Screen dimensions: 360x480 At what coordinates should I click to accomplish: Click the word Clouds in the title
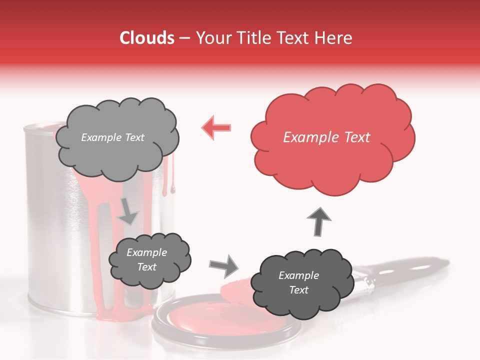(147, 38)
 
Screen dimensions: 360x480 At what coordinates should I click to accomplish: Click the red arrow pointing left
(216, 127)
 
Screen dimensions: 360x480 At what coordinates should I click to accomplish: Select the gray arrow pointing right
(224, 265)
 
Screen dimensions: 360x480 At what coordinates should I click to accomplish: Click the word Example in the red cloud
(306, 137)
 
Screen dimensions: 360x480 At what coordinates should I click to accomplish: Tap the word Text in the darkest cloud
(299, 290)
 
